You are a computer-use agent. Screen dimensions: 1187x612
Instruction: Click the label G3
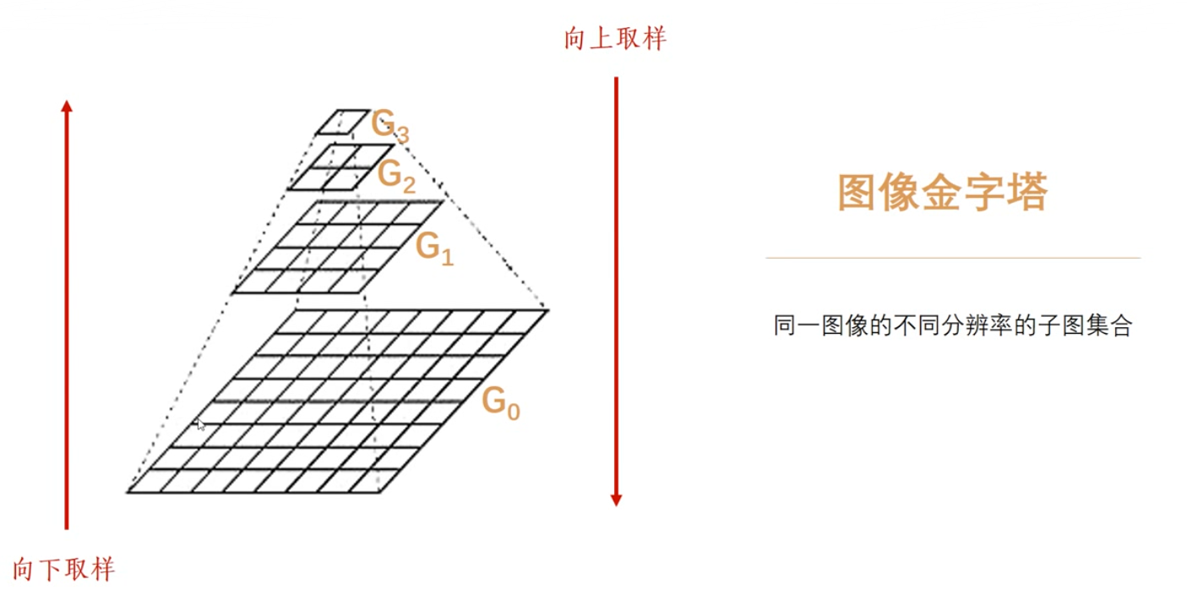coord(390,127)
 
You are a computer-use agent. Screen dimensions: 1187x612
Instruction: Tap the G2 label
coord(396,175)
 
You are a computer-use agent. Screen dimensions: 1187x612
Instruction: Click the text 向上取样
coord(616,39)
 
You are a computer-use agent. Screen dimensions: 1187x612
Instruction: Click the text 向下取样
coord(64,569)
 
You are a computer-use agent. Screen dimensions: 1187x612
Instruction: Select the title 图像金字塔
coord(942,193)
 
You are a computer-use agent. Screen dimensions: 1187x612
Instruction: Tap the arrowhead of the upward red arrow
coord(67,106)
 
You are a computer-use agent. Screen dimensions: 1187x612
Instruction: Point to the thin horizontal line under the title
coord(953,258)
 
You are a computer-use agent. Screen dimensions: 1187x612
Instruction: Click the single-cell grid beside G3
coord(343,121)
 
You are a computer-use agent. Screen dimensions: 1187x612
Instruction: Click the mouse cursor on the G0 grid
coord(199,423)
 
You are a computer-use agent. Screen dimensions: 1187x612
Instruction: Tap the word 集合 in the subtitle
coord(1108,326)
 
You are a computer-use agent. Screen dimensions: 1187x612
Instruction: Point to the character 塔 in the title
coord(1027,193)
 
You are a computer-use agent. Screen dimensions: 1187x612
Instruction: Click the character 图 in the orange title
coord(857,193)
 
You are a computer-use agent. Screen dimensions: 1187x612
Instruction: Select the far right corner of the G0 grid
coord(548,310)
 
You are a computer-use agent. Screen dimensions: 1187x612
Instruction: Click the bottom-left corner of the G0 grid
coord(128,490)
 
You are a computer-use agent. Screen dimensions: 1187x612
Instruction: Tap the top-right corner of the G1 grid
coord(443,201)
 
